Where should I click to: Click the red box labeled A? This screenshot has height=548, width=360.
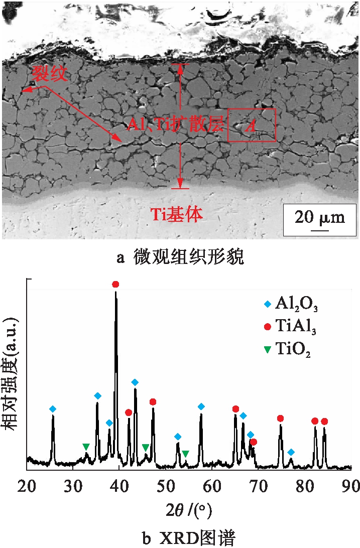[x=252, y=125]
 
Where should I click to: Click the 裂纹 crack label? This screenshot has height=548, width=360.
[x=49, y=75]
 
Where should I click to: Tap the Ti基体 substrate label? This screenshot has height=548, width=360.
[x=177, y=215]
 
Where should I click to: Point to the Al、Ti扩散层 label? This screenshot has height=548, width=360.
[x=174, y=125]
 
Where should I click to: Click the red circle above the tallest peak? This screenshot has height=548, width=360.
[x=116, y=285]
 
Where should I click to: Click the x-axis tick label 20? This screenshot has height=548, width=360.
[x=27, y=486]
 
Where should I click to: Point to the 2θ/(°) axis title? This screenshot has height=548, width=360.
[x=189, y=511]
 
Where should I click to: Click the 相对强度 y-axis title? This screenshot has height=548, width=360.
[x=11, y=374]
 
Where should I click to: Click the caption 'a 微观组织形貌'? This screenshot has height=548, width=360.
[x=180, y=258]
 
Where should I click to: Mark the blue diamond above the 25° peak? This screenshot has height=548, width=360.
[x=53, y=409]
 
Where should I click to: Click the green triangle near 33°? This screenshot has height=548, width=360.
[x=86, y=446]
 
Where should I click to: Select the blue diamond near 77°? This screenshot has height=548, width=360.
[x=291, y=452]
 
